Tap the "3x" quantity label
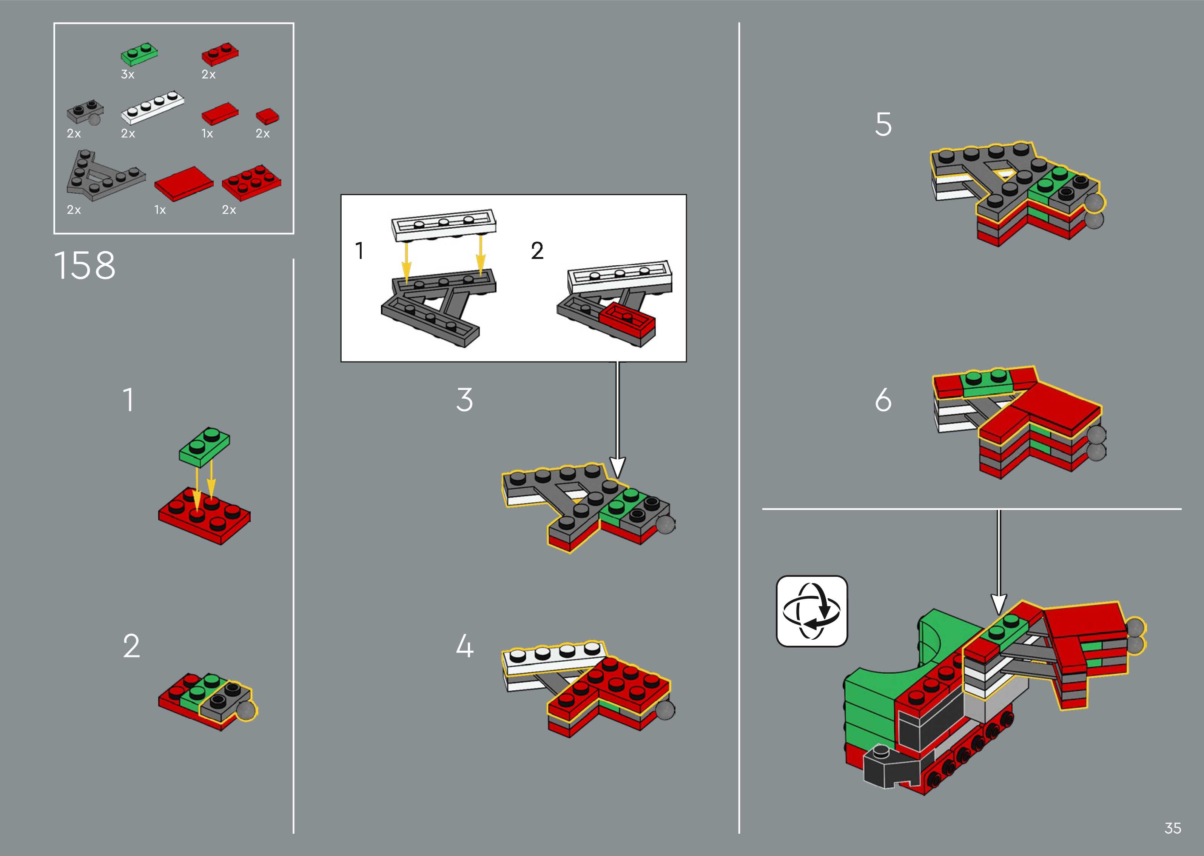(x=128, y=74)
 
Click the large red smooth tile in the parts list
(x=183, y=183)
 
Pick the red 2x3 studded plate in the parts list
(x=251, y=182)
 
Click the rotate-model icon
(x=812, y=611)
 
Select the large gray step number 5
(x=883, y=125)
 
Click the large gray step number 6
(x=883, y=400)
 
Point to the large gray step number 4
(x=464, y=646)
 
